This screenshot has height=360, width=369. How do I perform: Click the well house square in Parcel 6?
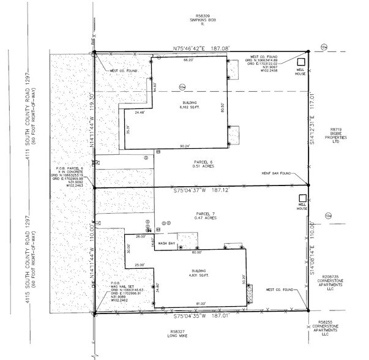point(300,63)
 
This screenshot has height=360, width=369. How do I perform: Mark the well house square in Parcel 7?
point(300,198)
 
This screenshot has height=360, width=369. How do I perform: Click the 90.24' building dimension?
point(184,146)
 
